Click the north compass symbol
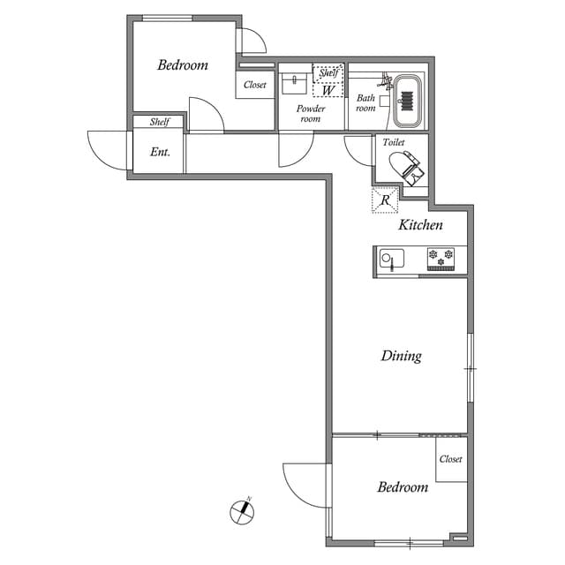[x=240, y=510]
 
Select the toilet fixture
[x=405, y=165]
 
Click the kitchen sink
[x=390, y=260]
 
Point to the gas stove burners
[x=441, y=258]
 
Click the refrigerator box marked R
[x=385, y=200]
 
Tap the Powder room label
[x=310, y=113]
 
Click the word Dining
[x=401, y=356]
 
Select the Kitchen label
[x=420, y=225]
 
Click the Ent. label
[x=160, y=152]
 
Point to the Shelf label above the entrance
[x=160, y=123]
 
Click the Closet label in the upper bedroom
[x=255, y=85]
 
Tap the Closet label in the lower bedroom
[x=450, y=459]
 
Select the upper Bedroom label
[x=183, y=64]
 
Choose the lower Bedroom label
[x=403, y=486]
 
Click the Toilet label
[x=393, y=141]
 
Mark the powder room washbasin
[x=294, y=83]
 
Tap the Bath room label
[x=366, y=103]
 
